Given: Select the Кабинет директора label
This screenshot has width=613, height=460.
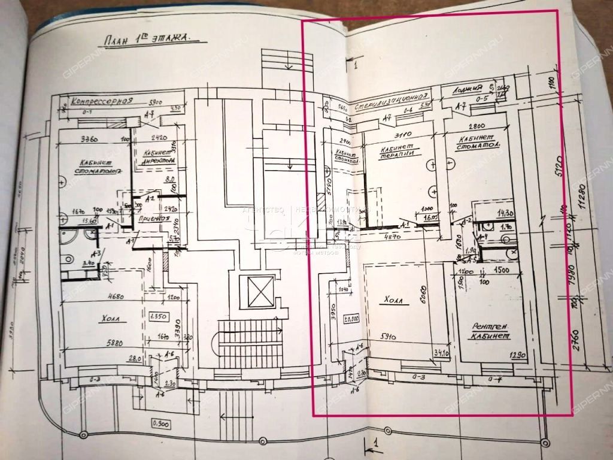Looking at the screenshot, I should [159, 156].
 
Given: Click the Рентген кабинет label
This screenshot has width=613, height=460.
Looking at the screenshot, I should [490, 331].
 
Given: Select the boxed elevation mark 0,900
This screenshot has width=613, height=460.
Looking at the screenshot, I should [160, 424].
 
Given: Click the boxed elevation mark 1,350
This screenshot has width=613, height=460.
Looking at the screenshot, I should [158, 316].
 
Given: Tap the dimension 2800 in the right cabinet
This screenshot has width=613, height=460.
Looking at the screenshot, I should [478, 127].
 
